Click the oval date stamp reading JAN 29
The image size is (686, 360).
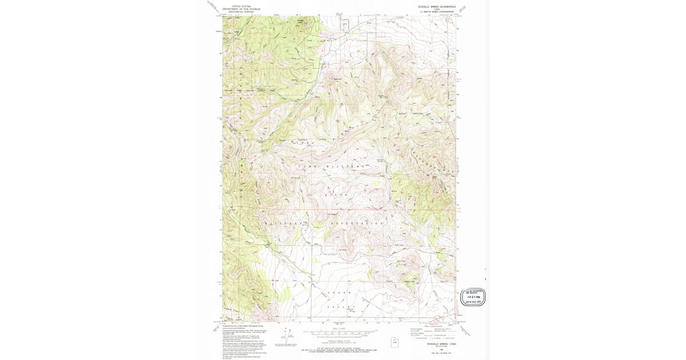[x=474, y=297]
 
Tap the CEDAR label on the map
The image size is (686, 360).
[x=338, y=293]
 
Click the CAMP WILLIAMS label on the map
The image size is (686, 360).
[x=331, y=166]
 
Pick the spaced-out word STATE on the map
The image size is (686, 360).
[x=337, y=195]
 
